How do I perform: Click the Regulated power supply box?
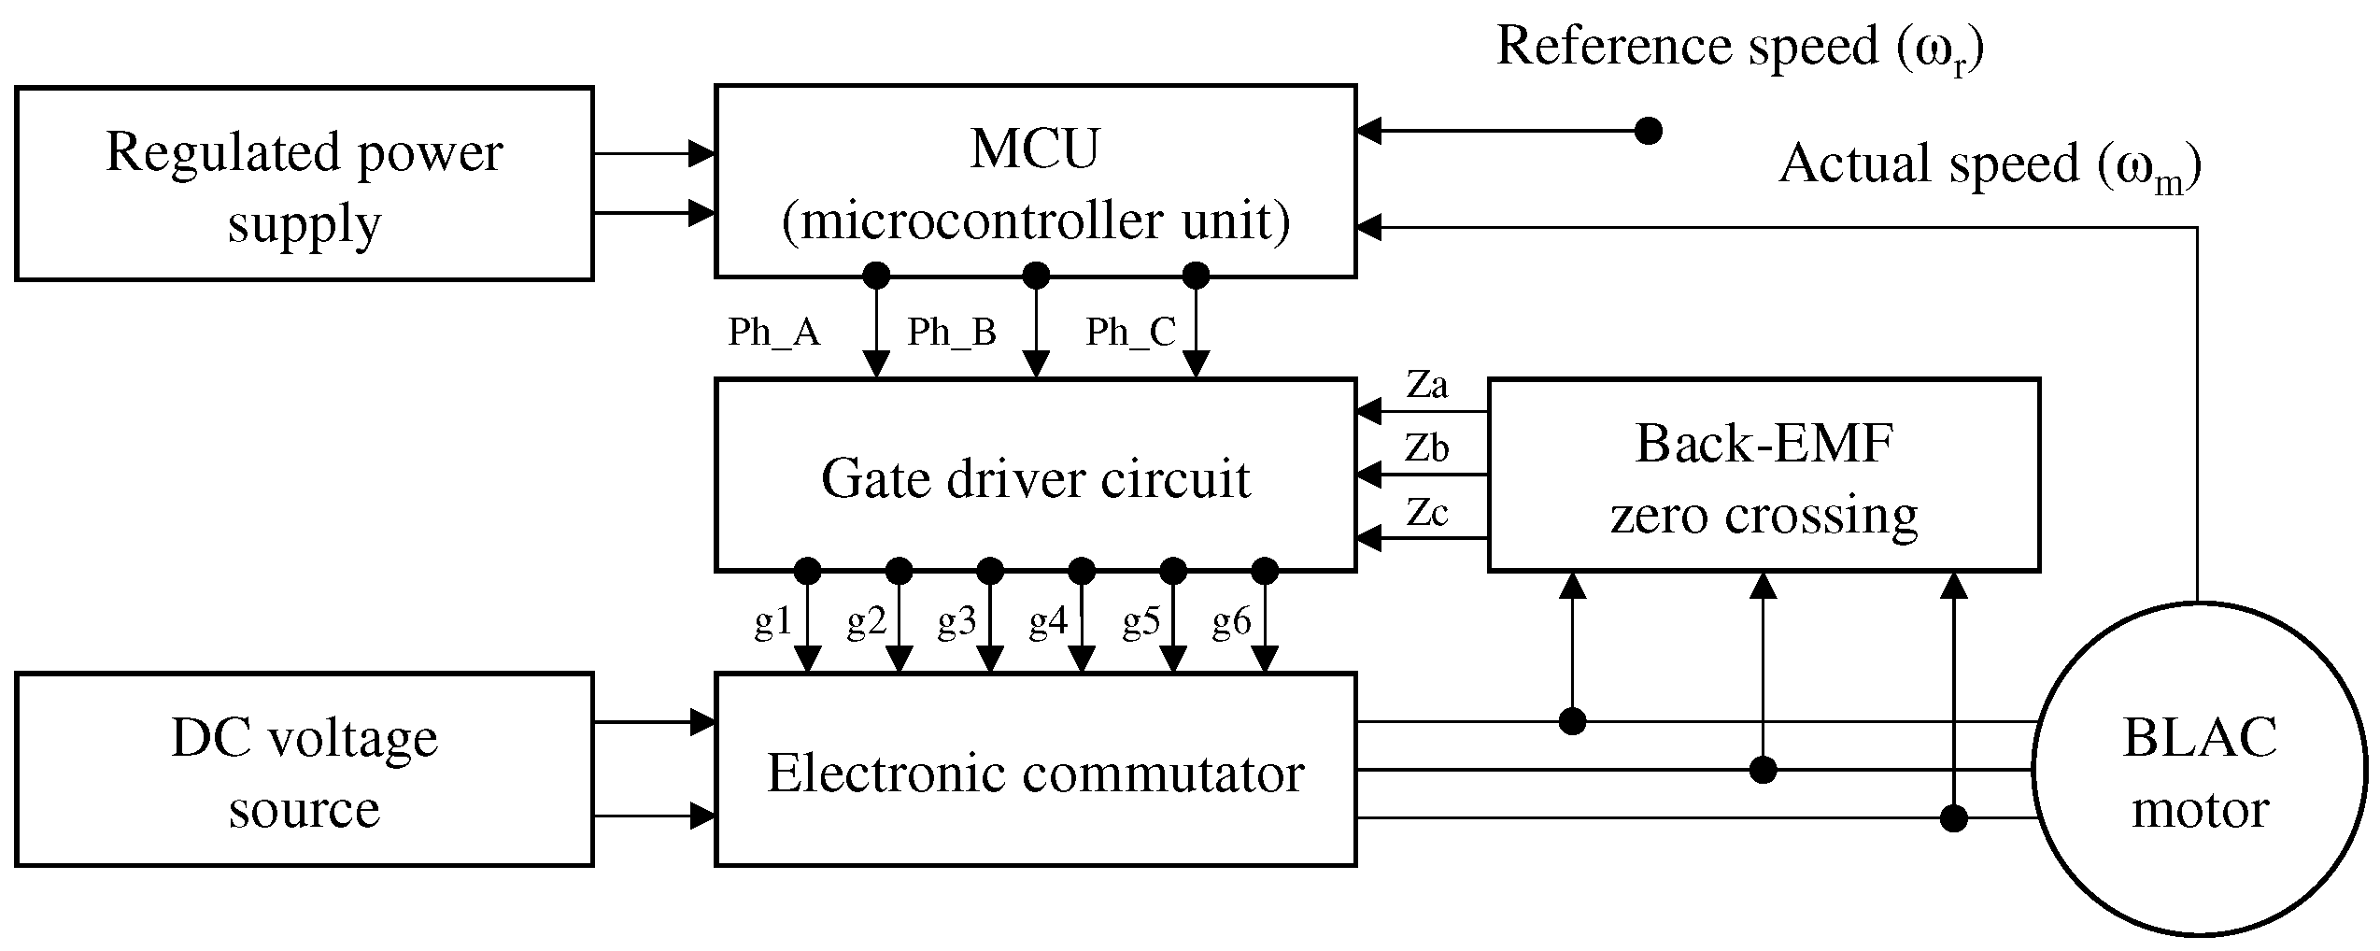point(305,184)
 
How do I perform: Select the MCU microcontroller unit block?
point(1035,182)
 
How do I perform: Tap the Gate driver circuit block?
point(1035,475)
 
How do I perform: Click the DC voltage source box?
point(305,770)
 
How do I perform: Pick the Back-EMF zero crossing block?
point(1764,475)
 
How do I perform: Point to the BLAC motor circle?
point(2200,770)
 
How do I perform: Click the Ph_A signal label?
point(773,332)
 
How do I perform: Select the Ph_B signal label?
point(952,332)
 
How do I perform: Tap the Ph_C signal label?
point(1130,332)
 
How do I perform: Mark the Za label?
point(1426,385)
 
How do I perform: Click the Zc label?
point(1426,513)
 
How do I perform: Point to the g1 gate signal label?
point(772,621)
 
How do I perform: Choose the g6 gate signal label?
point(1231,621)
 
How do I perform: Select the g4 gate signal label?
point(1048,621)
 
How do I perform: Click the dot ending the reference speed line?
point(1649,131)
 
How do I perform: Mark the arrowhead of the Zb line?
point(1369,475)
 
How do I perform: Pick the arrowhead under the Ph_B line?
point(1036,363)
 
